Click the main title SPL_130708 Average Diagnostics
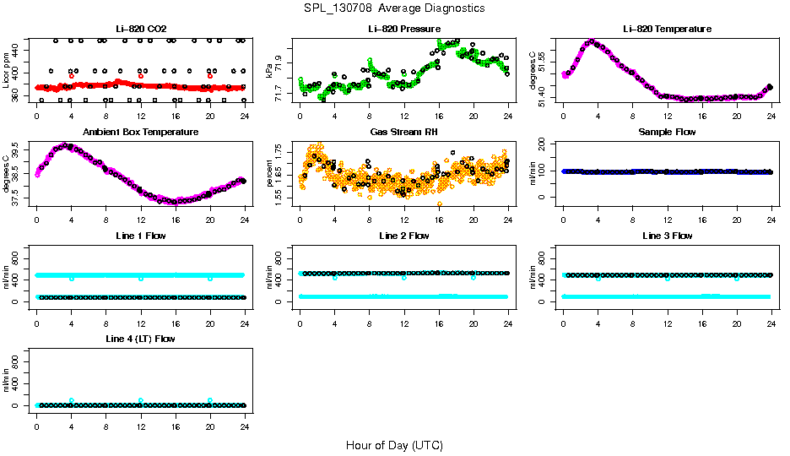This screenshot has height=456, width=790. point(395,8)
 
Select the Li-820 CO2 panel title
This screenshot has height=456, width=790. point(140,30)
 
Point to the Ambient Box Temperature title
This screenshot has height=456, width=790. point(140,133)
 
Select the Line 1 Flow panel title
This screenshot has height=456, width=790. point(140,236)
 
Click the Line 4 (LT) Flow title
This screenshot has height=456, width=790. point(140,339)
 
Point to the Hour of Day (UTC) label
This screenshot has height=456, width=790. point(394,445)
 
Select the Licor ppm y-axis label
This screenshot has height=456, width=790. point(7,70)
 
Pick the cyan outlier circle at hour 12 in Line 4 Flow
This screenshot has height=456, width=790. point(141,400)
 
